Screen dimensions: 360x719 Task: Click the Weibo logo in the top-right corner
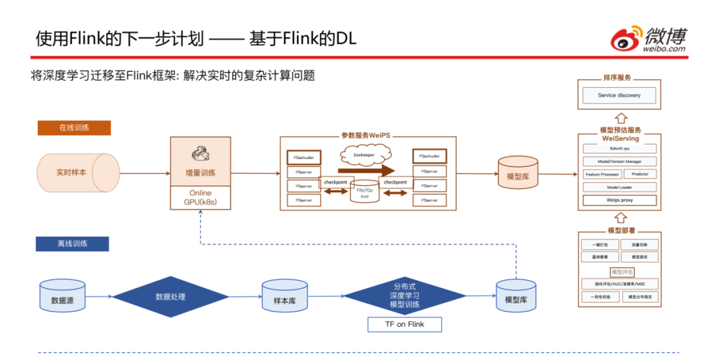click(649, 39)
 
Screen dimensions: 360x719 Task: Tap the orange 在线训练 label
click(74, 128)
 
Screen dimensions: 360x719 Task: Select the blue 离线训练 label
click(72, 244)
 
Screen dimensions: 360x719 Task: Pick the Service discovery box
click(619, 95)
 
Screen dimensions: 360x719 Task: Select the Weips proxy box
click(619, 200)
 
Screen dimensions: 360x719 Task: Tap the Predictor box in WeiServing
click(640, 174)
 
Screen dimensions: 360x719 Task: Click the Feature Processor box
click(602, 174)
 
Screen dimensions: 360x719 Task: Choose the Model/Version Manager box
click(619, 161)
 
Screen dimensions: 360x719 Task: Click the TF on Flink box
click(405, 324)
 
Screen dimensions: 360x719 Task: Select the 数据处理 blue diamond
click(170, 297)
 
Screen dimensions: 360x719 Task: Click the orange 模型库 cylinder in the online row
click(517, 174)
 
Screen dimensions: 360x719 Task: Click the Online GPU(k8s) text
click(200, 197)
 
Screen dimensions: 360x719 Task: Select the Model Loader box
click(619, 187)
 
